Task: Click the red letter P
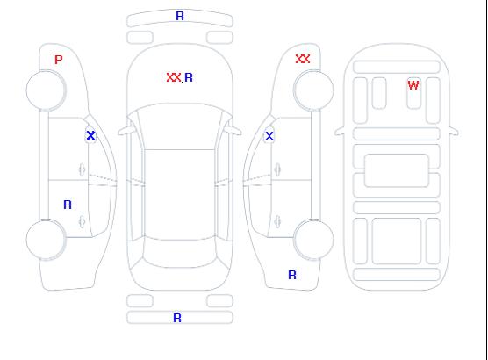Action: (x=59, y=60)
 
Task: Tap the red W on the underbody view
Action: (x=413, y=85)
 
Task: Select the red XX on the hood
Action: (x=174, y=77)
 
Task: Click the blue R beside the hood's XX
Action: (x=189, y=77)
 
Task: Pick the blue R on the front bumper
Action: (x=180, y=16)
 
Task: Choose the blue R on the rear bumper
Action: (x=177, y=318)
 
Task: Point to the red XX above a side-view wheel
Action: (x=303, y=59)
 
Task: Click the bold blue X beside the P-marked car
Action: (x=90, y=136)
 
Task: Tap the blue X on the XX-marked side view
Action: (x=269, y=136)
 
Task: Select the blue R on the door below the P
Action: (x=68, y=205)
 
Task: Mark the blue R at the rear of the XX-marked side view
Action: (x=292, y=275)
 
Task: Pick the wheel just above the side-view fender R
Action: (x=313, y=239)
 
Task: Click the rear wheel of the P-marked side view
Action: (x=46, y=240)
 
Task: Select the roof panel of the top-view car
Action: (x=180, y=195)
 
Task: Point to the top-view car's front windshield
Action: (x=180, y=126)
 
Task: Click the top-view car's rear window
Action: (x=180, y=253)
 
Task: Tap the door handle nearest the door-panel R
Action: (x=82, y=221)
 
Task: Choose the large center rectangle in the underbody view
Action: (x=397, y=170)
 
